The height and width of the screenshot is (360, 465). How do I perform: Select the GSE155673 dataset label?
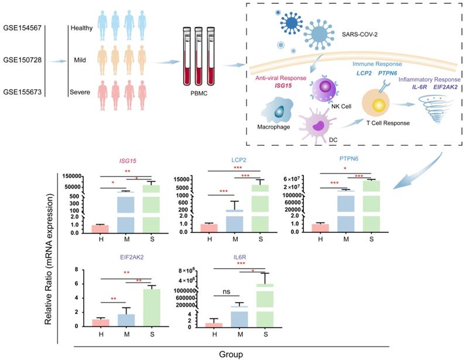[x=22, y=91]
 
